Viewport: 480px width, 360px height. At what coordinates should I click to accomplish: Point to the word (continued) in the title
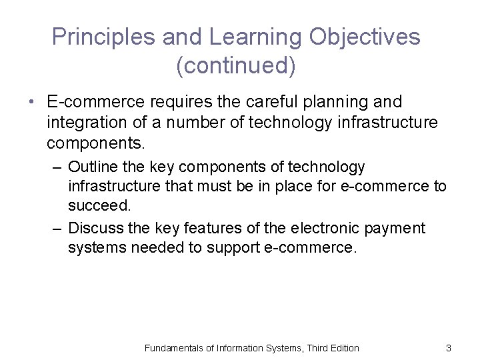236,66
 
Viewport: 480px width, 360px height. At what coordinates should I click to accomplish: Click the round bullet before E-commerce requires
31,103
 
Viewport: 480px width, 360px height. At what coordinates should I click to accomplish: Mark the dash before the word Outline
58,167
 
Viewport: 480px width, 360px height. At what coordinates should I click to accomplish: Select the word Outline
93,167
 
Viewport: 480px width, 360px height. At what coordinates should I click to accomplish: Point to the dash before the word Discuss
58,229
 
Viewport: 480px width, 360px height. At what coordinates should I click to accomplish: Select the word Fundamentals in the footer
175,348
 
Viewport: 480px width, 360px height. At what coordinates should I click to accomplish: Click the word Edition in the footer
343,348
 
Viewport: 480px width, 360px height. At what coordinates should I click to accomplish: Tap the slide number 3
449,348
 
